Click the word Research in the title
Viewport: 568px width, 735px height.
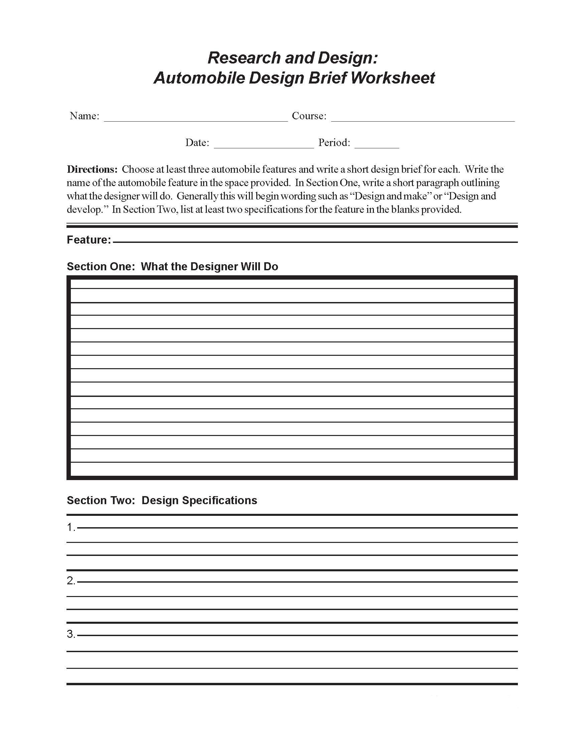tap(244, 57)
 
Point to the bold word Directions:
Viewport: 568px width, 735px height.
tap(92, 169)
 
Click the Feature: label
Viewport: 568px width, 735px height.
tap(89, 240)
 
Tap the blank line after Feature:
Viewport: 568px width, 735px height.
tap(315, 241)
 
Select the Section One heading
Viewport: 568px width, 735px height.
tap(172, 267)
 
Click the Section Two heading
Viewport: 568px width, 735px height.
tap(162, 500)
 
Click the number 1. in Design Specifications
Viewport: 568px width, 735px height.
tap(71, 527)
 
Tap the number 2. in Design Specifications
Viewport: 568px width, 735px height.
tap(71, 581)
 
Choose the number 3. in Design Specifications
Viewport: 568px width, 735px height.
tap(71, 634)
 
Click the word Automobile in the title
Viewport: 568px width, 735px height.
tap(199, 78)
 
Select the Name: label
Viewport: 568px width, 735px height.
tap(85, 116)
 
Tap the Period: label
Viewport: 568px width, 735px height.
tap(334, 143)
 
